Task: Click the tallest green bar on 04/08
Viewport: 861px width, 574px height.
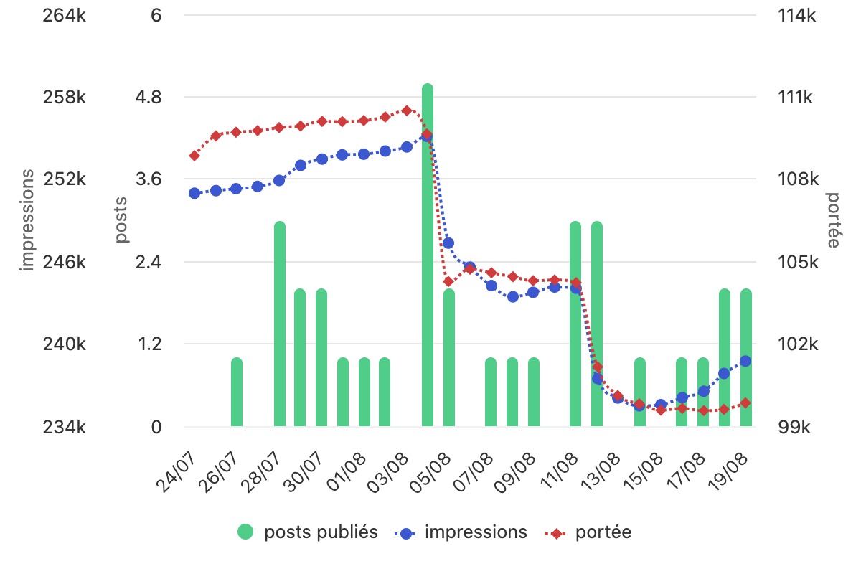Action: (x=428, y=255)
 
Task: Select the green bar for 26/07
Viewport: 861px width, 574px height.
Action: (x=237, y=392)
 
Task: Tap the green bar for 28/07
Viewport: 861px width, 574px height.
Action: (x=280, y=324)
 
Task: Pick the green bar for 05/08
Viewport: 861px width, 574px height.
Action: (x=449, y=357)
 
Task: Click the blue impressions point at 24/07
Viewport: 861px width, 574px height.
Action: (x=194, y=193)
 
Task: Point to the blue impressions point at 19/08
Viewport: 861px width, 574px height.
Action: (x=745, y=361)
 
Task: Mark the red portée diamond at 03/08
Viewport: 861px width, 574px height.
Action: (x=407, y=110)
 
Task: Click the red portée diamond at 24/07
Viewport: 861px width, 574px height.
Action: (x=194, y=156)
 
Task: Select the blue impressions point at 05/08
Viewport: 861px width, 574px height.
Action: (x=448, y=243)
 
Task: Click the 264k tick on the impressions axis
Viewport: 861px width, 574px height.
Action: (x=64, y=16)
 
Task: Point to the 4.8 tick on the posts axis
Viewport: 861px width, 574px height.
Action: (x=149, y=98)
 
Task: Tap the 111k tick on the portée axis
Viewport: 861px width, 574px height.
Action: (x=795, y=98)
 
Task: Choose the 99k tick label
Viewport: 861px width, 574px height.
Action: (x=794, y=427)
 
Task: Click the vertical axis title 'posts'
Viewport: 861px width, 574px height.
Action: (x=121, y=220)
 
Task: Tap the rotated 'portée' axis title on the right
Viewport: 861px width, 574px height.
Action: (x=832, y=220)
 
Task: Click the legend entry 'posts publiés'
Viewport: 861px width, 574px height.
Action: (x=308, y=532)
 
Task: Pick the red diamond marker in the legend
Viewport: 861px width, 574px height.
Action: (x=555, y=534)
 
